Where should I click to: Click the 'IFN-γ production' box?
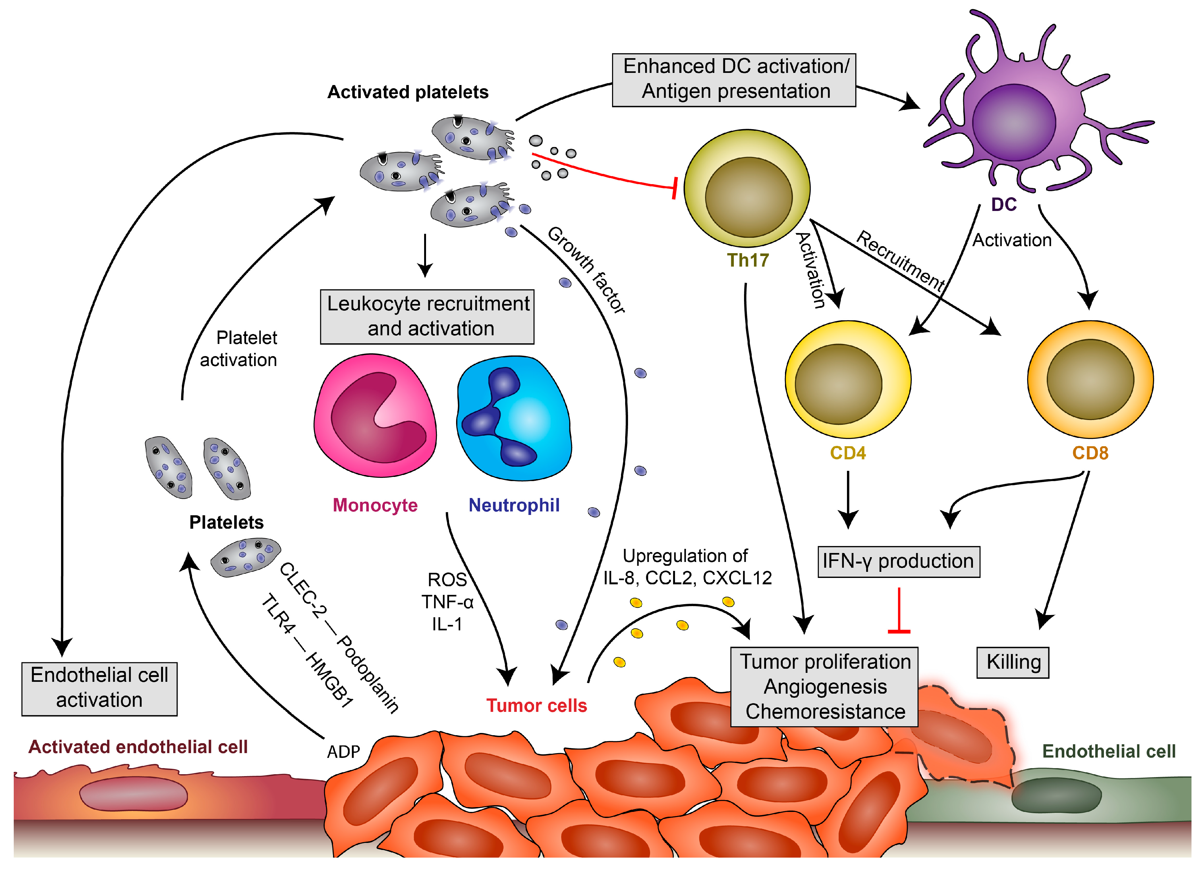[898, 561]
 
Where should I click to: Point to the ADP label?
[343, 751]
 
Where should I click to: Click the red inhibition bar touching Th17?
[674, 188]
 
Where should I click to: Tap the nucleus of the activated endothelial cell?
[133, 795]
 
